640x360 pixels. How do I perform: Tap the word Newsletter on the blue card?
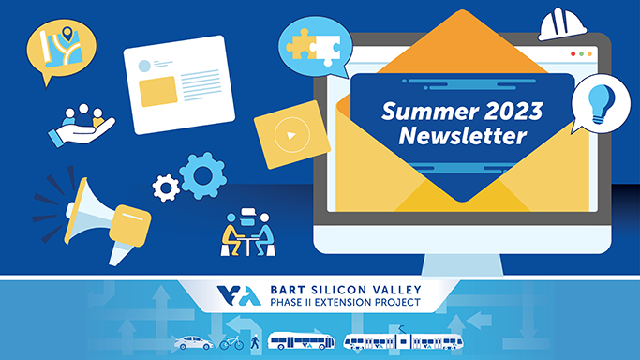[462, 137]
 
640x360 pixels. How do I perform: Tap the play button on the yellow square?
[291, 136]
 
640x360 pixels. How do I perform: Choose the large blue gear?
[202, 175]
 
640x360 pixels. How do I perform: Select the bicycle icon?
[231, 342]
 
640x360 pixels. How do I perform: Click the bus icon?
[299, 341]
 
